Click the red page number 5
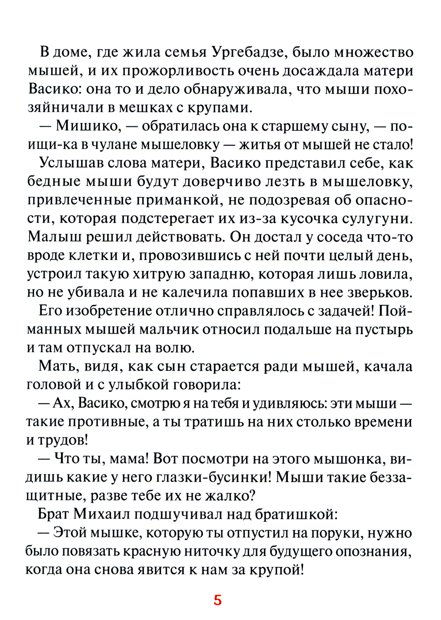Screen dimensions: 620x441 pyautogui.click(x=217, y=600)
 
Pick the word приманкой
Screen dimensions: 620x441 pyautogui.click(x=177, y=200)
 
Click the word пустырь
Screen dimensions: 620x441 pyautogui.click(x=384, y=330)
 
